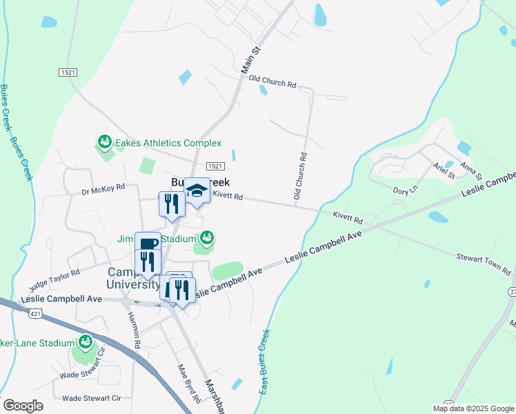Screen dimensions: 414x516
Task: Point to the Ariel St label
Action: coord(444,171)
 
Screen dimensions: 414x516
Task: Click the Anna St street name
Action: coord(469,168)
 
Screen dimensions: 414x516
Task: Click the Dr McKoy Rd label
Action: coord(103,188)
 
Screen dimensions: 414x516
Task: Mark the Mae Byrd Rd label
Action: coord(188,383)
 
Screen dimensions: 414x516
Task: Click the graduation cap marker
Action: coord(197,190)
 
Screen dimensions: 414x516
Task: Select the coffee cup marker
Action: coord(148,243)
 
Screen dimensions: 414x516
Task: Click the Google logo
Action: coord(23,406)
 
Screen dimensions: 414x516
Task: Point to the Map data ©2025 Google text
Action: coord(473,408)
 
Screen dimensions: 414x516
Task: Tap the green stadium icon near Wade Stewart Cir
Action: coord(85,342)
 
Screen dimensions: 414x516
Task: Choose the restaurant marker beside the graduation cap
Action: coord(172,204)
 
